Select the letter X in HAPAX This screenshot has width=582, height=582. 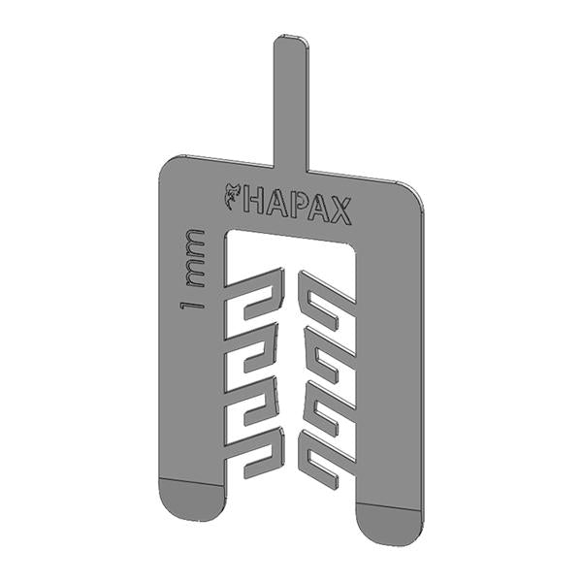pyautogui.click(x=340, y=211)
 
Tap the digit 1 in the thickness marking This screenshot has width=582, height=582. pyautogui.click(x=192, y=306)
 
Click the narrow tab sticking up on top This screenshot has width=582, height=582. pyautogui.click(x=291, y=104)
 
